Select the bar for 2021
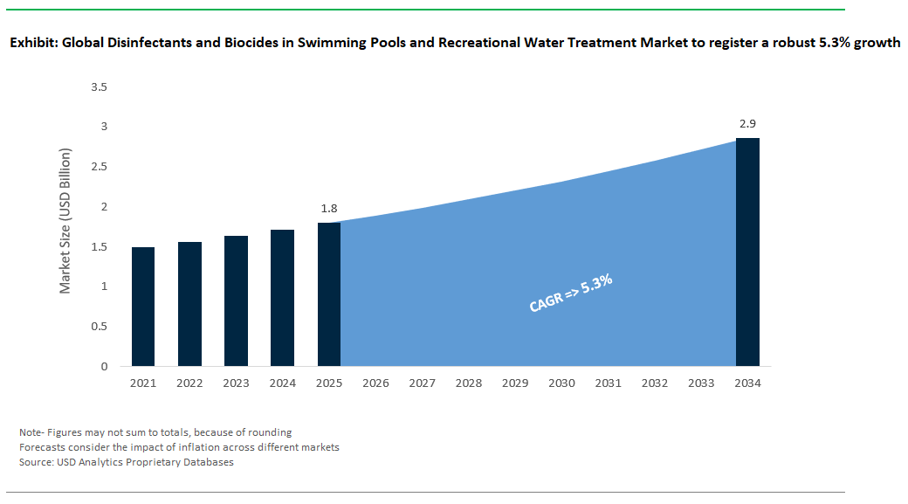(x=143, y=307)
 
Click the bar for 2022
(x=189, y=304)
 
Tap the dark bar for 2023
(x=236, y=300)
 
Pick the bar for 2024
(x=282, y=298)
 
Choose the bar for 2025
(x=329, y=294)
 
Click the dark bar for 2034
(x=747, y=252)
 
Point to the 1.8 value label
(x=328, y=209)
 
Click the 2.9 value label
(x=747, y=124)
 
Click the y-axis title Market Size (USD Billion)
(x=65, y=227)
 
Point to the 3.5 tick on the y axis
(x=98, y=87)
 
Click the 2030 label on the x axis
(x=561, y=383)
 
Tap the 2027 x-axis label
(x=422, y=383)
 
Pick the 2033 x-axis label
(x=701, y=383)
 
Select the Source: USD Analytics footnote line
(x=127, y=462)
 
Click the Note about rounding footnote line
(x=155, y=432)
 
